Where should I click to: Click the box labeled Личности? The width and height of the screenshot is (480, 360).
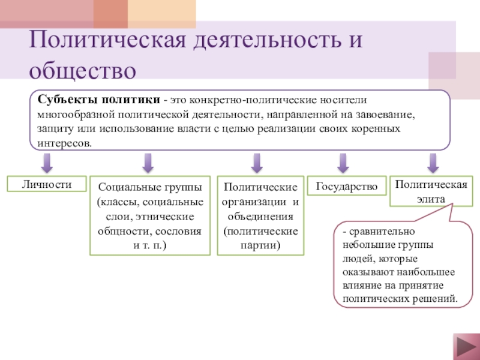(x=47, y=184)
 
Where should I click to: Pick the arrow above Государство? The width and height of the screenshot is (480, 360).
(x=343, y=162)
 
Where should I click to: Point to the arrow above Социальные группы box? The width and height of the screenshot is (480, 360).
(x=148, y=162)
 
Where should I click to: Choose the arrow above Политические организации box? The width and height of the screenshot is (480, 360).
(x=257, y=162)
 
